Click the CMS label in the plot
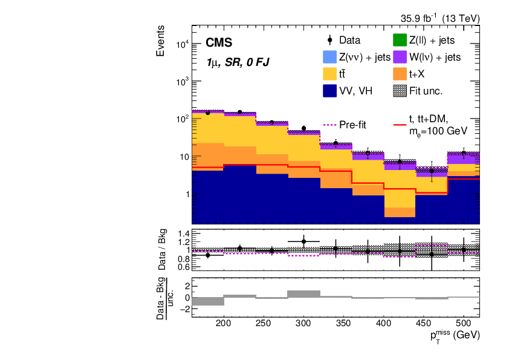219,43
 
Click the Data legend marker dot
329,41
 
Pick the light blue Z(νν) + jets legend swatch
329,57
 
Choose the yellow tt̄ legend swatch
329,74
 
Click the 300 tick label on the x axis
303,323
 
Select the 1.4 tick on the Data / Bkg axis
183,234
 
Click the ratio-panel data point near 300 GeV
303,241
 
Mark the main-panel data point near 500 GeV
464,153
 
